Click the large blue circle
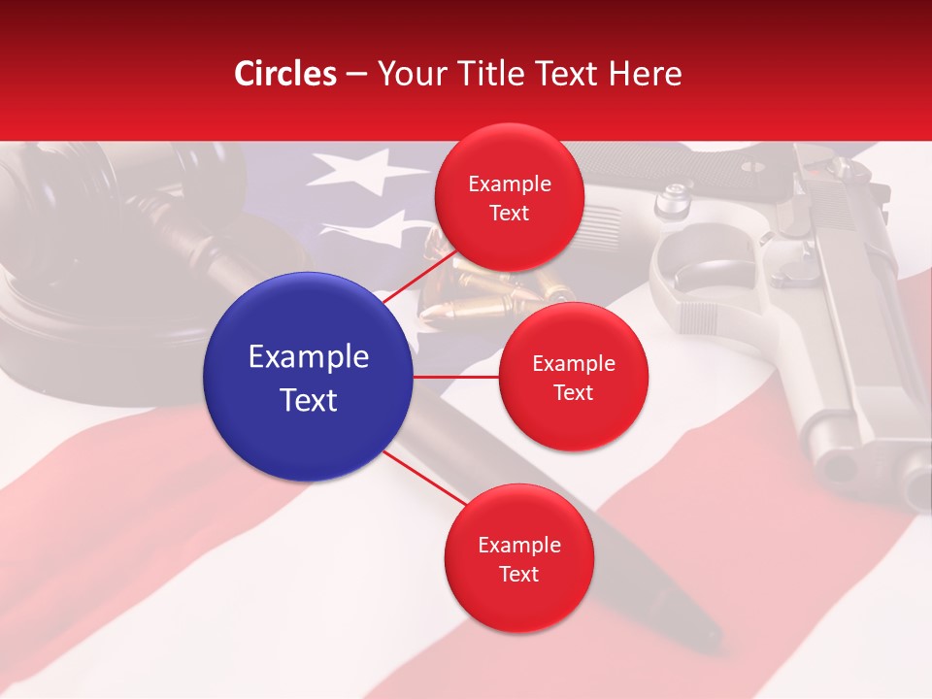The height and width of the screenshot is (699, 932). point(309,377)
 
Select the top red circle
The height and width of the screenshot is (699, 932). point(509,197)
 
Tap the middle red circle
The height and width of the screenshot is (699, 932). point(573,377)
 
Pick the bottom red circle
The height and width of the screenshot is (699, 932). point(518,558)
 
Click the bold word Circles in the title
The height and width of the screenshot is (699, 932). point(284,74)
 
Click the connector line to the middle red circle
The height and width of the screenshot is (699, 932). point(456,377)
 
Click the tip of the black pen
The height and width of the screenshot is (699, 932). point(714,641)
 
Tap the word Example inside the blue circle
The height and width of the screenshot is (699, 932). point(309,357)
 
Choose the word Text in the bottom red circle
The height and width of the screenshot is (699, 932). point(518,574)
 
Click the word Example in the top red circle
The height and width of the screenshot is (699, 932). point(510,184)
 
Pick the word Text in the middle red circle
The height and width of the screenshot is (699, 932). point(573,392)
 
